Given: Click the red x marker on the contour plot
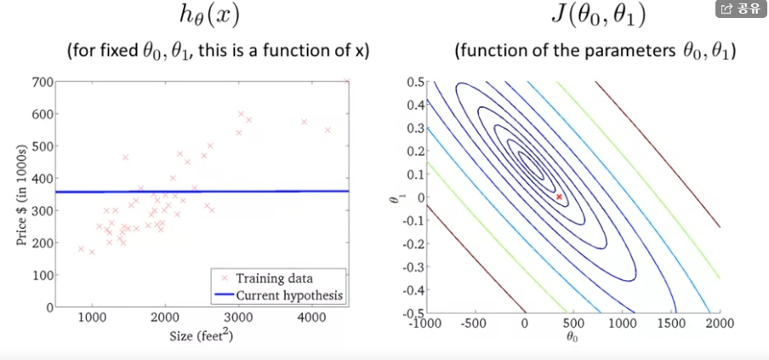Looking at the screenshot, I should point(559,197).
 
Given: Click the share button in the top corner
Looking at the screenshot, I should point(739,9).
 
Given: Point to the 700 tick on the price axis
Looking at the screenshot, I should point(41,83).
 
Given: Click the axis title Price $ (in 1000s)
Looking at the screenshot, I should point(20,193).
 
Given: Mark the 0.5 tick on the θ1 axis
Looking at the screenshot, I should point(414,82).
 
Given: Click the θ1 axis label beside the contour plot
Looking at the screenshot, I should point(393,198).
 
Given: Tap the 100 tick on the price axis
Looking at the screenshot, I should point(41,275).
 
